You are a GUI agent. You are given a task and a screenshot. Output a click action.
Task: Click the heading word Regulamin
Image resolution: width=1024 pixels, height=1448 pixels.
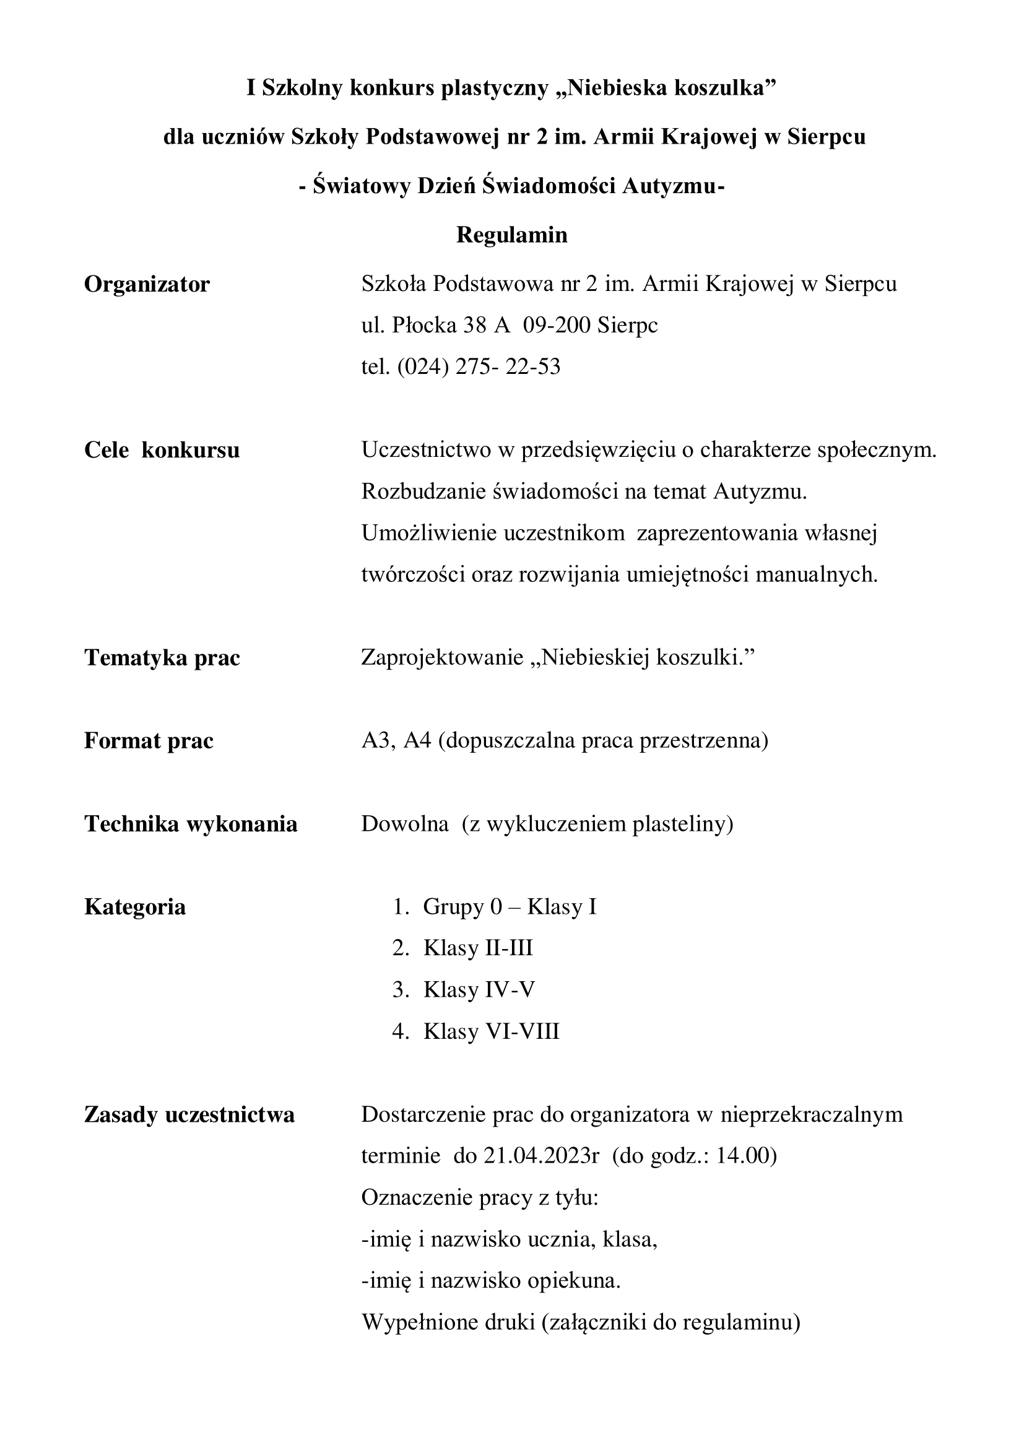511,235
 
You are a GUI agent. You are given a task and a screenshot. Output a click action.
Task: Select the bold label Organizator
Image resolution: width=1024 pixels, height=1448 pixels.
147,284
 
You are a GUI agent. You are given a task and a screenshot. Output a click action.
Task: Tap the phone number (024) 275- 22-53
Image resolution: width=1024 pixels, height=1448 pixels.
479,366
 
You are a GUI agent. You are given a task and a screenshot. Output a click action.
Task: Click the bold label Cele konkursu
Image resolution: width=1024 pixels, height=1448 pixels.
162,450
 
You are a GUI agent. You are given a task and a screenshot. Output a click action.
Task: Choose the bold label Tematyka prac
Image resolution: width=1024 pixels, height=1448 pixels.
162,658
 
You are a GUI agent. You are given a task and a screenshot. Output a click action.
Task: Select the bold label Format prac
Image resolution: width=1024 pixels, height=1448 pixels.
149,740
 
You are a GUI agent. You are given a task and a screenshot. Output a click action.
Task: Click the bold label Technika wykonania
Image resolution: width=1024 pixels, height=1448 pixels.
191,823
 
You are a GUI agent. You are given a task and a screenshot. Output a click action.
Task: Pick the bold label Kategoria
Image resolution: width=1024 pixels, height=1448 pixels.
135,907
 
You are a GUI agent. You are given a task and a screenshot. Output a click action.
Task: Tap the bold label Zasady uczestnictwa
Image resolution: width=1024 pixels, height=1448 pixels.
189,1115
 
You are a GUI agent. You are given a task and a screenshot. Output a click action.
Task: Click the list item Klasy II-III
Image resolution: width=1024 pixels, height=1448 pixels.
478,948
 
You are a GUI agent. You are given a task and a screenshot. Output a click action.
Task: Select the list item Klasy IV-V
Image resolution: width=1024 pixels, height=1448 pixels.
479,989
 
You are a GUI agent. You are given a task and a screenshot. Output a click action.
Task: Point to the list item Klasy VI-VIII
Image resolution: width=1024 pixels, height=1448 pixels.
491,1031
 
